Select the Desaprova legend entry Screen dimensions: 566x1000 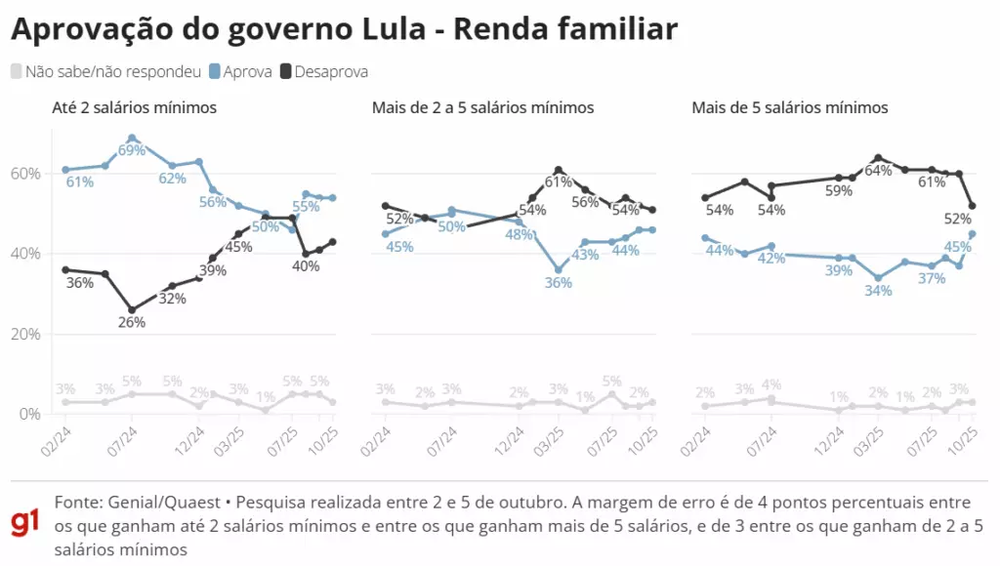[x=323, y=71]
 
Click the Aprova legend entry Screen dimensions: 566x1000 [x=240, y=71]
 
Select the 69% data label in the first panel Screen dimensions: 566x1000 [x=132, y=150]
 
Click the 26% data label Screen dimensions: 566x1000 [x=132, y=322]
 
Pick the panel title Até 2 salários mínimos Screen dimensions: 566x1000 [x=134, y=107]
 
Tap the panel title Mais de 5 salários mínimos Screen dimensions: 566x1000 [x=789, y=107]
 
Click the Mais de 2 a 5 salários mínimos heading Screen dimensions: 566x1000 [x=482, y=107]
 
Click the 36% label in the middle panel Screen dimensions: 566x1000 [x=559, y=282]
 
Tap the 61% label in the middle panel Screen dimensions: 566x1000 [x=558, y=182]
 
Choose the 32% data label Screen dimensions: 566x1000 [x=172, y=299]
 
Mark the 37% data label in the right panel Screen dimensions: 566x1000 [x=931, y=278]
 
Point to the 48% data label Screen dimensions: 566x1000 [x=519, y=234]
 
